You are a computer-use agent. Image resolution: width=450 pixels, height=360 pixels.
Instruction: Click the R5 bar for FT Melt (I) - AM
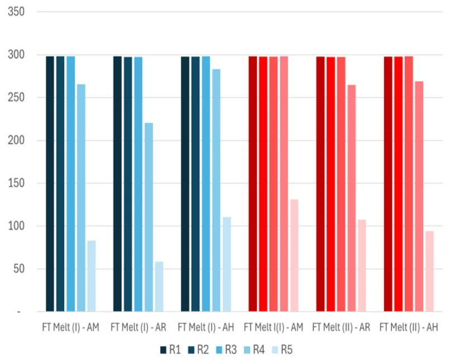click(91, 276)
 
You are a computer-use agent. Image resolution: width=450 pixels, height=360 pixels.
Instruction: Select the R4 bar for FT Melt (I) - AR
click(149, 217)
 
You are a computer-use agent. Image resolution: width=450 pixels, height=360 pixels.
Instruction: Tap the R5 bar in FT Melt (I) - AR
click(159, 286)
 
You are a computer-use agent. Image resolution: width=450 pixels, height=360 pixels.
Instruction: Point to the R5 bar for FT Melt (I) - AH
click(227, 264)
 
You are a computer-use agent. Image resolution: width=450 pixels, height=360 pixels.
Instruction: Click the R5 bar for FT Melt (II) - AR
click(362, 265)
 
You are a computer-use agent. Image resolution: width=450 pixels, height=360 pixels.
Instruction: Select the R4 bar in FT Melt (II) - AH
click(419, 196)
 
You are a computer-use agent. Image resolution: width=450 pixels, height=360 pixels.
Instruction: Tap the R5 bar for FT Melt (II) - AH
click(429, 271)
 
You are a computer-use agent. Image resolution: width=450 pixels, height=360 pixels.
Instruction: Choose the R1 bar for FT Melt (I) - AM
click(50, 184)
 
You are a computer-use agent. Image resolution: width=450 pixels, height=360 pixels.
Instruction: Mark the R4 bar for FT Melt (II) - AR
click(351, 198)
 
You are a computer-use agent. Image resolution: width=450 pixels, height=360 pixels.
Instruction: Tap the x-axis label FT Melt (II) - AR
click(341, 327)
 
